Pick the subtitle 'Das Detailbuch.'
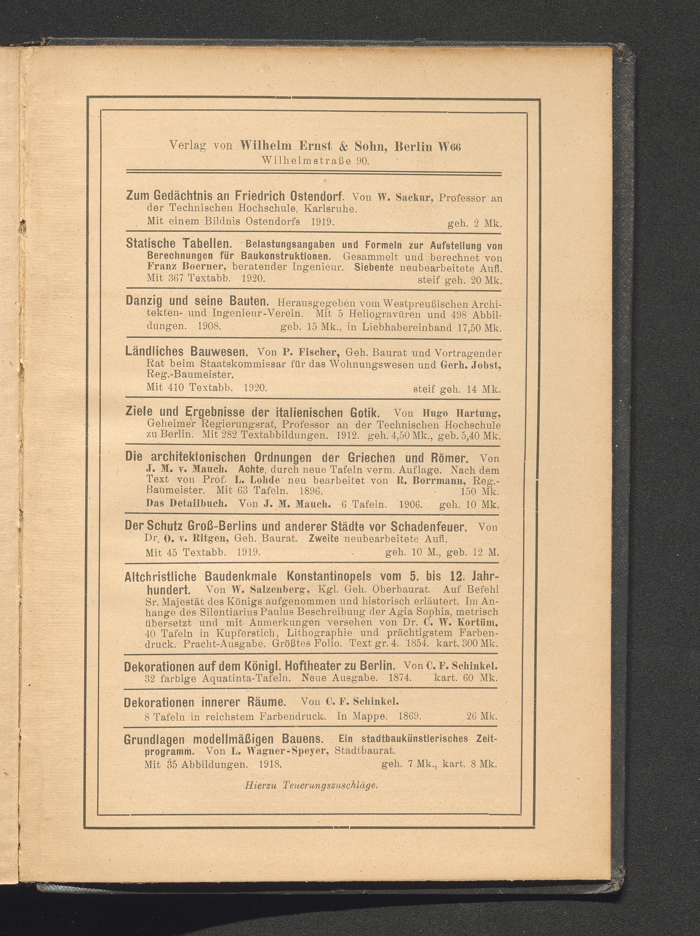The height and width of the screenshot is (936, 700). click(x=187, y=504)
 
